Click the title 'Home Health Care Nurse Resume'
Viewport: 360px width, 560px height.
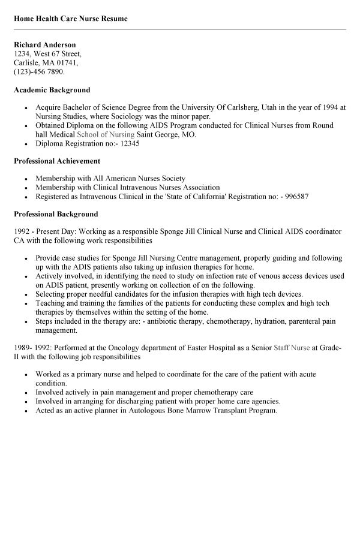71,19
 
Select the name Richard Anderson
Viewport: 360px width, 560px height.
45,45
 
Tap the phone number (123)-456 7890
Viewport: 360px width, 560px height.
38,71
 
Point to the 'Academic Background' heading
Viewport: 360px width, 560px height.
52,90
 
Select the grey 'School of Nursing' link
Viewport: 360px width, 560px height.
106,134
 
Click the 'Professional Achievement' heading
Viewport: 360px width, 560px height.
57,161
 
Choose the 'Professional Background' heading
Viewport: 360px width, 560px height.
56,214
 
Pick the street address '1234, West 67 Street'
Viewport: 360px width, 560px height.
47,54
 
